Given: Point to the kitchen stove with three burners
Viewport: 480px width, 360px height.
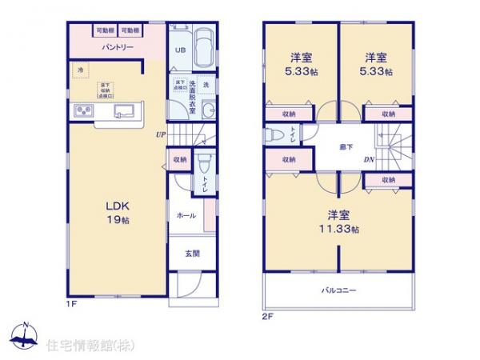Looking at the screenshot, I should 86,110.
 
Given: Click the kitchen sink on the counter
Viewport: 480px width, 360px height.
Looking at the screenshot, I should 123,110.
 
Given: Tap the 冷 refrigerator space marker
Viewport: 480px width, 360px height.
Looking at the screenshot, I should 80,70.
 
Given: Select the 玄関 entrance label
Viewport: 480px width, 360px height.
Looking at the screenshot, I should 193,254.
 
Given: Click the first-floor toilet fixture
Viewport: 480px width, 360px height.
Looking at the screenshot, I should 203,163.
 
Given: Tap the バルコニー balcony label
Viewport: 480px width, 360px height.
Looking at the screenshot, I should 339,290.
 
